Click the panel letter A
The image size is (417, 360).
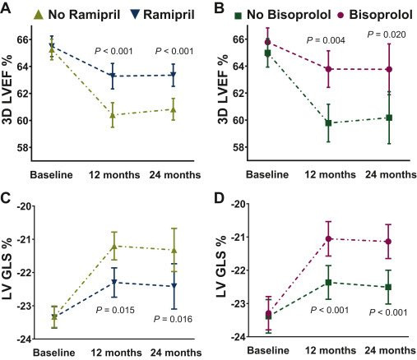[6, 8]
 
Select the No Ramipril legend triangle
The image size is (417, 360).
[39, 14]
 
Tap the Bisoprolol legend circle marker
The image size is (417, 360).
[341, 15]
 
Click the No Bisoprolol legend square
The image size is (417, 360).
[239, 16]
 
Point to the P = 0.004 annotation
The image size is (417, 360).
[326, 40]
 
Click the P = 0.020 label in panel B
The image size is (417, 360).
[387, 35]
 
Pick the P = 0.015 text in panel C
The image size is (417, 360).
[115, 310]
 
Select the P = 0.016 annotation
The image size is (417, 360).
[173, 319]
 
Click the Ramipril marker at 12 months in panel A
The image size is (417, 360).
[113, 76]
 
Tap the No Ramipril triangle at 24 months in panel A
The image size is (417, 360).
[173, 109]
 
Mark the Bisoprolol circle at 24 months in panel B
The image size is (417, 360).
[389, 69]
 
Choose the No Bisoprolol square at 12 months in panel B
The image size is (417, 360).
[328, 123]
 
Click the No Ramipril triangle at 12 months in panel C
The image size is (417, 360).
[114, 246]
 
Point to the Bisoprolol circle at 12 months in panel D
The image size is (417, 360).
[329, 238]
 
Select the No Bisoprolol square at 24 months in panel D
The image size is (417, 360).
[388, 287]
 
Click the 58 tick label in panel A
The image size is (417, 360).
[22, 147]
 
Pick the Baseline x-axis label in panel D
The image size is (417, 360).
[268, 350]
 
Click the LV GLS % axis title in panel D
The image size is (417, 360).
[221, 266]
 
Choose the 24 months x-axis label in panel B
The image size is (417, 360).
[391, 174]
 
